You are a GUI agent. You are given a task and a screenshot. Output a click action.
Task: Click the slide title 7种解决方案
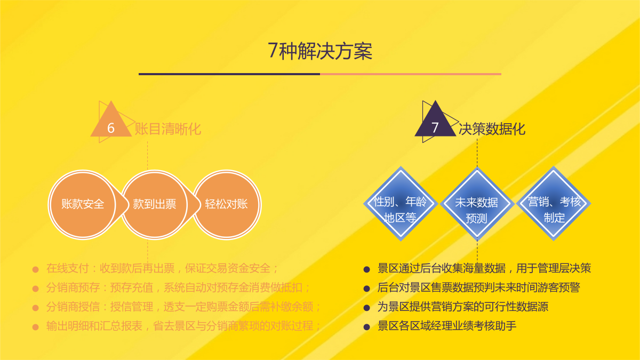click(320, 51)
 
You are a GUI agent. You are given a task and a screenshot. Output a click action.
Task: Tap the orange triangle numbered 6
click(111, 123)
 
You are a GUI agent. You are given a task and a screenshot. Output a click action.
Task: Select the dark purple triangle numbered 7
click(435, 122)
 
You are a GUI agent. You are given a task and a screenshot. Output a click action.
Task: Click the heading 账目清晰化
click(167, 129)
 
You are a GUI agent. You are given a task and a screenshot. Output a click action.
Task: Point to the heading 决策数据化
click(492, 129)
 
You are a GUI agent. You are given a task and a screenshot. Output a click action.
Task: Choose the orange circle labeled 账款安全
click(83, 205)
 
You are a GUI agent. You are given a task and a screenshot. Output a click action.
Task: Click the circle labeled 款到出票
click(155, 205)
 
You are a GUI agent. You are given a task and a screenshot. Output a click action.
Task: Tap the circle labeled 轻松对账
click(227, 205)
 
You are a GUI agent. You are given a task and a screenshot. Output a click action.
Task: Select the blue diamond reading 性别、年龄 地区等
click(401, 204)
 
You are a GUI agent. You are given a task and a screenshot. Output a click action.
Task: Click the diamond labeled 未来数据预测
click(477, 204)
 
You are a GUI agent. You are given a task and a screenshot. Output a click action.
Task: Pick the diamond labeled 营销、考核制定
click(554, 204)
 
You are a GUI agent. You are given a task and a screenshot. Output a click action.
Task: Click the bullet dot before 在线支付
click(35, 269)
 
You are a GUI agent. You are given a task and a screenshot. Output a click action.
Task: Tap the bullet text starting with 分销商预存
click(178, 287)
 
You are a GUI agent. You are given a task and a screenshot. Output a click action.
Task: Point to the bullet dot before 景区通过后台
click(366, 269)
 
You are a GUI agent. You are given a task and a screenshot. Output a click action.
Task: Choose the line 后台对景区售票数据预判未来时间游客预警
click(478, 287)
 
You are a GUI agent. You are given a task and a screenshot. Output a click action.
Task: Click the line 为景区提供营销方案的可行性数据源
click(462, 307)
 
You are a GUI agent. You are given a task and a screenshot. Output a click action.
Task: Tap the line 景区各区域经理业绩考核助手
click(446, 326)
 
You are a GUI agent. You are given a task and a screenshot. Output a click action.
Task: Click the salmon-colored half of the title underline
click(411, 74)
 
